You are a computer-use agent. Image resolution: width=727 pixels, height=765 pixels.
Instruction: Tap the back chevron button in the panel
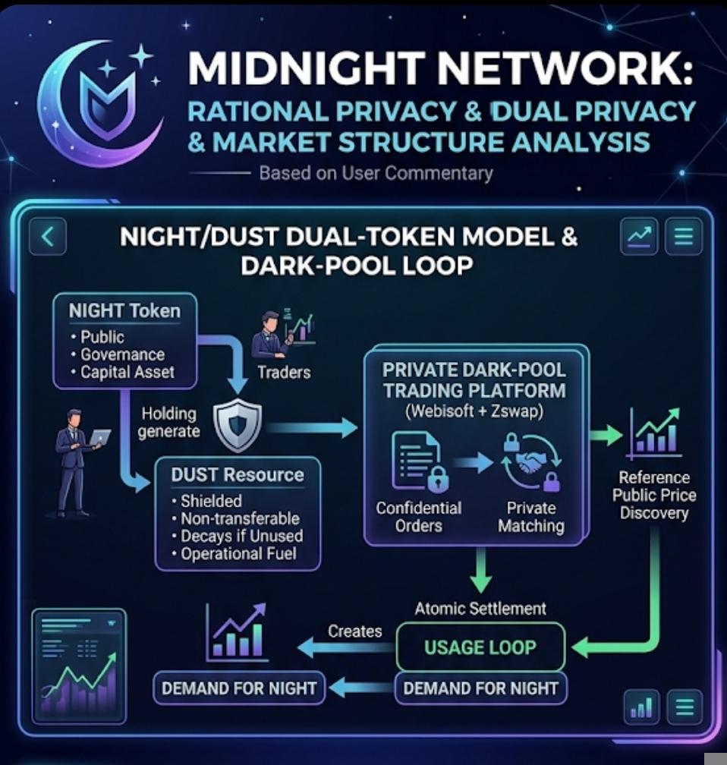[47, 237]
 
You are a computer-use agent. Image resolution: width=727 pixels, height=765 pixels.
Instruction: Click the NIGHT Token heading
[124, 311]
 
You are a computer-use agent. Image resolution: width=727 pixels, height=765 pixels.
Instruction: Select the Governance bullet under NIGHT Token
[121, 354]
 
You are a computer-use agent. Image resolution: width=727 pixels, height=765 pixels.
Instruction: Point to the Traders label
[284, 372]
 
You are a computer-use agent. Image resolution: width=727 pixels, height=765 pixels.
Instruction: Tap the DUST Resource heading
[237, 475]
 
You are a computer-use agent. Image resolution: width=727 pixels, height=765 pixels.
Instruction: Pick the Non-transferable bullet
[240, 519]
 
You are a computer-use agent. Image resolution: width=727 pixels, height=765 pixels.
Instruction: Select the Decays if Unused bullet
[241, 537]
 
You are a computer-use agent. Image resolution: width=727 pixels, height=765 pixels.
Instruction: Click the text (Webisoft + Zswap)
[474, 413]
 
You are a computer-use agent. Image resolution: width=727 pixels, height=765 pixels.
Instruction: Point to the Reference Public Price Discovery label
[653, 496]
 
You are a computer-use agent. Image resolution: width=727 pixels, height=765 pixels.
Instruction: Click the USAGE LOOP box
[480, 647]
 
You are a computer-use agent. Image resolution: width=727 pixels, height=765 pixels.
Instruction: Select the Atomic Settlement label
[480, 608]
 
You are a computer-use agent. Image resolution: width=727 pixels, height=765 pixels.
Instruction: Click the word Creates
[354, 631]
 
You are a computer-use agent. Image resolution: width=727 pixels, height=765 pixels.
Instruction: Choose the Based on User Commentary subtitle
[376, 173]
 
